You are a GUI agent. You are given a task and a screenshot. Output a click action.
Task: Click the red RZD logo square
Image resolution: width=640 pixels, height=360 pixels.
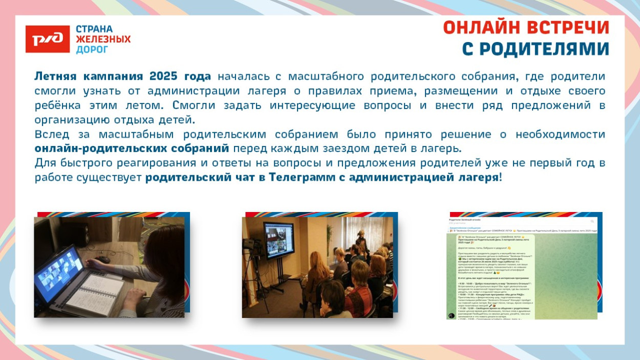point(48,39)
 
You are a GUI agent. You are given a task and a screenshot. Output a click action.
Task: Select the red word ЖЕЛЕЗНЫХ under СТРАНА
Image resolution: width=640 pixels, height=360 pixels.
point(103,39)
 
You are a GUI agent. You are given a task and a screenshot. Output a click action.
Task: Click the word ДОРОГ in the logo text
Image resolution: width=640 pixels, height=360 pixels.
point(92,50)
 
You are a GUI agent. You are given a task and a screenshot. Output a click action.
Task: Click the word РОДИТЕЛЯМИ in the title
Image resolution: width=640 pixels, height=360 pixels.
point(536,49)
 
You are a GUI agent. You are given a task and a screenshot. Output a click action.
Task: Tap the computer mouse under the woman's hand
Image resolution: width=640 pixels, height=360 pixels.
point(104,260)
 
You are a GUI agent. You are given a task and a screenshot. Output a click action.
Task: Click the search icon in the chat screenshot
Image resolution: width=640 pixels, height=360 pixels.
point(592,221)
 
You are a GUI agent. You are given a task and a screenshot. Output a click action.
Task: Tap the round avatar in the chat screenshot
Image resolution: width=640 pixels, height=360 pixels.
point(452,315)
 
